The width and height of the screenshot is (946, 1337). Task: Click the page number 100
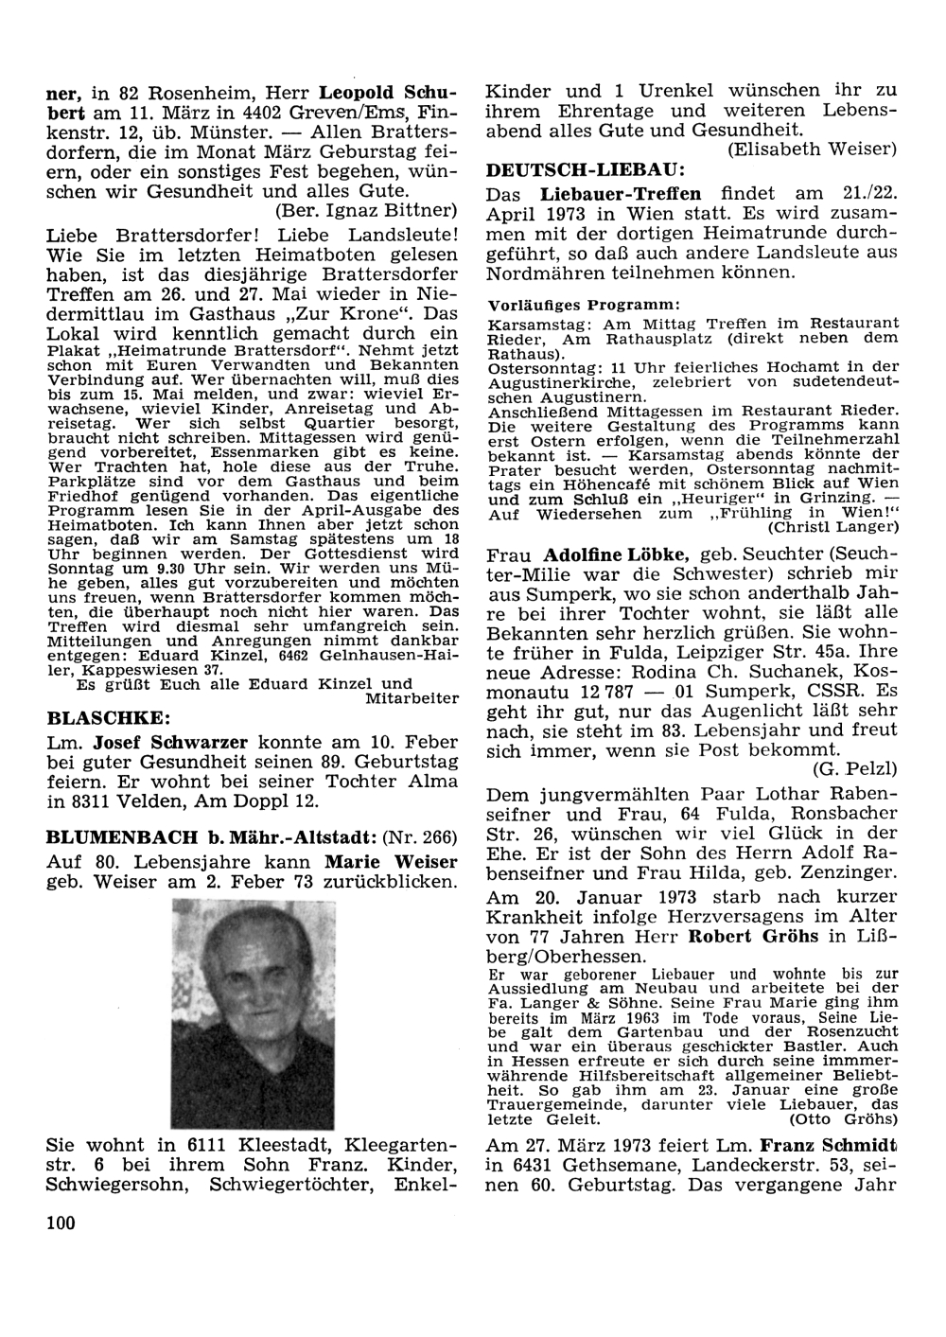point(60,1223)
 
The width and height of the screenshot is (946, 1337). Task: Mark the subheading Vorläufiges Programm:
point(584,305)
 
